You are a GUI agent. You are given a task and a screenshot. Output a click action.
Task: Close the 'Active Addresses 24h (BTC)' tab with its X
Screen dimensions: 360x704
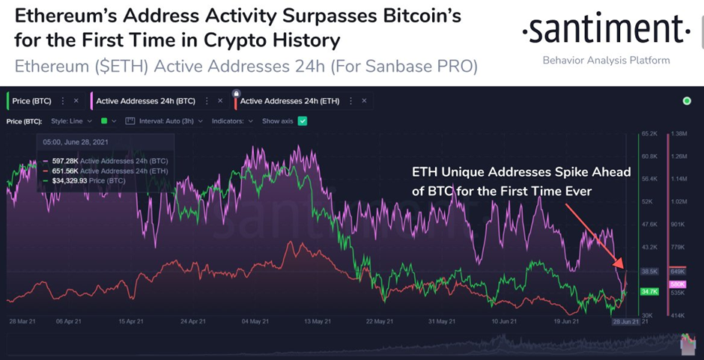pos(219,101)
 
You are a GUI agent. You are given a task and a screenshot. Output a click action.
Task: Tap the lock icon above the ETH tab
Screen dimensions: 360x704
pos(237,93)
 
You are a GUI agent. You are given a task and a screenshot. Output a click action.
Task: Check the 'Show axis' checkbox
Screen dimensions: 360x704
pos(303,120)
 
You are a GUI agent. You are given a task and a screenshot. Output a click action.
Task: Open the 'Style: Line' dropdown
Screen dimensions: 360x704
pos(71,120)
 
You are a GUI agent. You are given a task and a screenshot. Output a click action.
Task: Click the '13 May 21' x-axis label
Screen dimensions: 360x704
pos(319,322)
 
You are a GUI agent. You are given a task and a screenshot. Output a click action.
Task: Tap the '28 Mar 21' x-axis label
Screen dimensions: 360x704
pos(22,322)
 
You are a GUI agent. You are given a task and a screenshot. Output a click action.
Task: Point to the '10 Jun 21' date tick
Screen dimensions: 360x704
pos(503,322)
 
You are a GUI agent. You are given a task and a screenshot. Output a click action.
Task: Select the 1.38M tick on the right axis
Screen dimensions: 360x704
pos(679,134)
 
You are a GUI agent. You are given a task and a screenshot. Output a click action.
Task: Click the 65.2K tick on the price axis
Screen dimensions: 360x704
pos(649,134)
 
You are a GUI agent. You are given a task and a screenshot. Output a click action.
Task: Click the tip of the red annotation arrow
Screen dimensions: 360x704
pos(623,266)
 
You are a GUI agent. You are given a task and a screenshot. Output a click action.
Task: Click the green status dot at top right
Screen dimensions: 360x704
pos(688,101)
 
